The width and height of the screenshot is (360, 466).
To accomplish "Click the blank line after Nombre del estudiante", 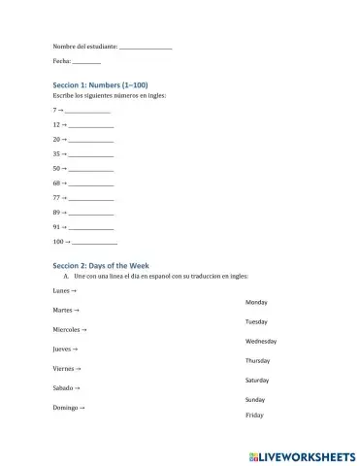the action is pyautogui.click(x=146, y=48).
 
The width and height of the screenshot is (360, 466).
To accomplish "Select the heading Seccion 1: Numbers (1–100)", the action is pyautogui.click(x=100, y=85).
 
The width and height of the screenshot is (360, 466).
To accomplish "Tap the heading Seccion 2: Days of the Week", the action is pyautogui.click(x=101, y=265).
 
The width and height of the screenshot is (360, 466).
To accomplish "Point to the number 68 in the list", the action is pyautogui.click(x=57, y=183).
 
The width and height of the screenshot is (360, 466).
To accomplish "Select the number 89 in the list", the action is pyautogui.click(x=57, y=212).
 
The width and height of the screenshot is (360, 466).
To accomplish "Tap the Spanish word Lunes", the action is pyautogui.click(x=61, y=290).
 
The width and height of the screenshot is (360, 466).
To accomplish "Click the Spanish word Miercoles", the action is pyautogui.click(x=67, y=329).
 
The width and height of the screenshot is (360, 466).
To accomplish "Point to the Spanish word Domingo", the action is pyautogui.click(x=65, y=407).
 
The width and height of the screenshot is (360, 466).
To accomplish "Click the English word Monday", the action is pyautogui.click(x=257, y=302).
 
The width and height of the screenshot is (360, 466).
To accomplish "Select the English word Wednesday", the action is pyautogui.click(x=262, y=341).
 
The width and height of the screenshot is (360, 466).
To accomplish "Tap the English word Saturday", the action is pyautogui.click(x=257, y=380).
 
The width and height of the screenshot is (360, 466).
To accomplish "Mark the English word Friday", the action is pyautogui.click(x=254, y=416).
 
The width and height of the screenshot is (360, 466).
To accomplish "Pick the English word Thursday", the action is pyautogui.click(x=258, y=360).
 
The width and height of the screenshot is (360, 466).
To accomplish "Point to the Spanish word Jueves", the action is pyautogui.click(x=62, y=349).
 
